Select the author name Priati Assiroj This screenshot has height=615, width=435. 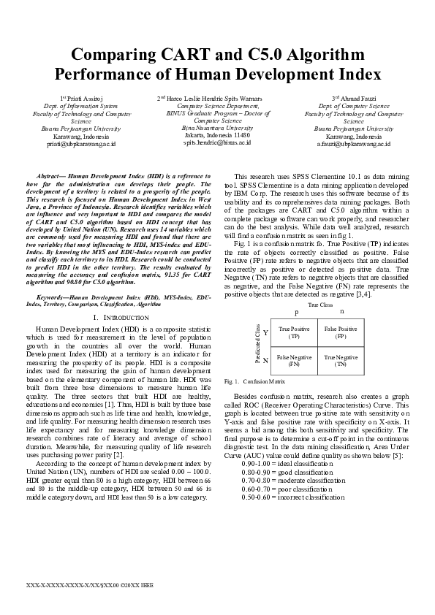coord(87,99)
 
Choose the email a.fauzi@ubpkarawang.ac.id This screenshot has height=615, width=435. coord(353,144)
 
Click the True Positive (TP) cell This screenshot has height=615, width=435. coord(294,333)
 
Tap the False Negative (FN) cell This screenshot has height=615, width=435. coord(294,359)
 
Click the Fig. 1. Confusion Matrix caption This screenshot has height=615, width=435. coord(245,382)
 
